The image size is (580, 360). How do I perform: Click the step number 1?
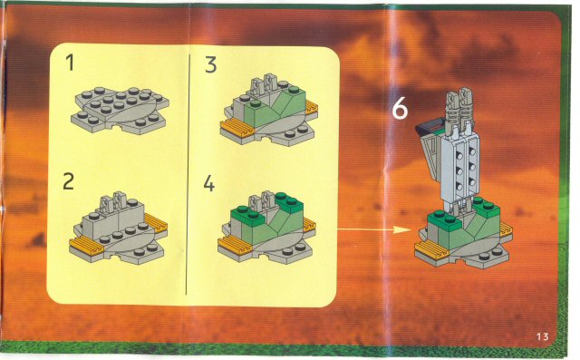point(71,63)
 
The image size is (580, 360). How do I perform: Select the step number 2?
point(69,181)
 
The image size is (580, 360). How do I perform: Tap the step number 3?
point(210,64)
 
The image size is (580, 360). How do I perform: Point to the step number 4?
point(209,183)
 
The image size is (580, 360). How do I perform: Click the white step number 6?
point(400,109)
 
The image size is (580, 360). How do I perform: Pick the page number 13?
point(542,336)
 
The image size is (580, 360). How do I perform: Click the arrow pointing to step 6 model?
point(374,229)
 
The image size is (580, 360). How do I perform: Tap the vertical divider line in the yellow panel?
point(187,175)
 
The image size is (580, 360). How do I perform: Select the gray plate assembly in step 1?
point(120,110)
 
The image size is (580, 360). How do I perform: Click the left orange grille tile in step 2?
point(86,246)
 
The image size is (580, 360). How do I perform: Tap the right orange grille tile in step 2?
point(156,223)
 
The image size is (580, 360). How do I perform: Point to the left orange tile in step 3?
point(237,128)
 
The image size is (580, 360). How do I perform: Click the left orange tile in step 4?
point(234,246)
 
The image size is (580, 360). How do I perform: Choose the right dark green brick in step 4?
point(289,202)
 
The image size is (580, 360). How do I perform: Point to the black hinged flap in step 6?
point(429,126)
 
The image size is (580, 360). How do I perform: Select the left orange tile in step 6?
point(431,249)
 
